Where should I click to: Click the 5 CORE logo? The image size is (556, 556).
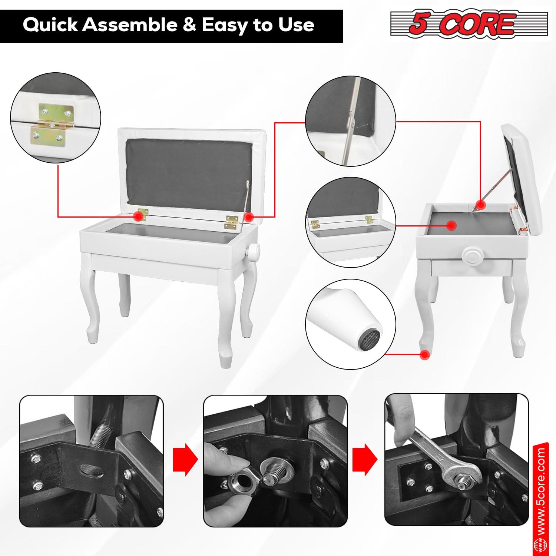(469, 24)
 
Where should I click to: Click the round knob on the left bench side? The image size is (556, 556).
(254, 252)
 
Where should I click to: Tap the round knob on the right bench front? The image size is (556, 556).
(471, 256)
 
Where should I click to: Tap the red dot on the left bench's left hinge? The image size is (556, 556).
(138, 216)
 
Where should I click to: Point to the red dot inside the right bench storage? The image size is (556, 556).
(451, 225)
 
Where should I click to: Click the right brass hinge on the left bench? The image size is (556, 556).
(231, 222)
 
